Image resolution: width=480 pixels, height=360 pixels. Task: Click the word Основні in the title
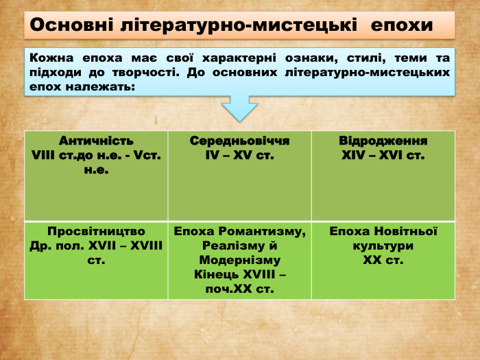pos(71,25)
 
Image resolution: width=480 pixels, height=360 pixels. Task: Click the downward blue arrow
pos(239,108)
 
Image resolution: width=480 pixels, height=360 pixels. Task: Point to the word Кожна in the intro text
pos(50,58)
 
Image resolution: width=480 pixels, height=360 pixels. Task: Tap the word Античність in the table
pos(96,141)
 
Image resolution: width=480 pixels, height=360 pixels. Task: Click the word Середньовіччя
pos(239,141)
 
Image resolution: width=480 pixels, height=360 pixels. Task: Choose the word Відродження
pos(383,141)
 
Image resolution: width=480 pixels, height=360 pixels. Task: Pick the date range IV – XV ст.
pos(239,156)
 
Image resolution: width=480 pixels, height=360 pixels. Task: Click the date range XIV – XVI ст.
pos(383,156)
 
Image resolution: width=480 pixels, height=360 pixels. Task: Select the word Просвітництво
pos(96,231)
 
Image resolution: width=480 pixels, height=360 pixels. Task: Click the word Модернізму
pos(239,261)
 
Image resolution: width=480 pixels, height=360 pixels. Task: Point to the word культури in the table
pos(383,245)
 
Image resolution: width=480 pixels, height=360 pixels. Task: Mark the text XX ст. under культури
pos(383,261)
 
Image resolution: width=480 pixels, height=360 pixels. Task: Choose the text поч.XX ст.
pos(239,289)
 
